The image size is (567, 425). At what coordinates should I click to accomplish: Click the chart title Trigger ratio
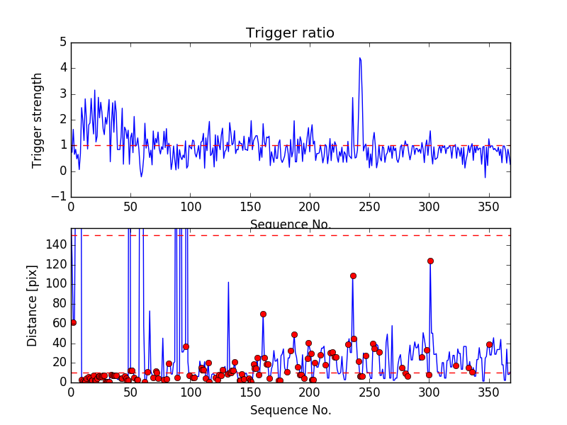pos(290,33)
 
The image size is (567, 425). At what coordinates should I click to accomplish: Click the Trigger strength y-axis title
pos(38,120)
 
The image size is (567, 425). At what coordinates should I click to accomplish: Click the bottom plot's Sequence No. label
pos(291,410)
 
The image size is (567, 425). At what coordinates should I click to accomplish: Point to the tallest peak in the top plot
pos(360,58)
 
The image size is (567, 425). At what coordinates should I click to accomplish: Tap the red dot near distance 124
pos(430,261)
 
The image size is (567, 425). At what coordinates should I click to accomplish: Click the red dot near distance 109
pos(353,276)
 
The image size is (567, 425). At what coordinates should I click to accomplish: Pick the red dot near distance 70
pos(263,314)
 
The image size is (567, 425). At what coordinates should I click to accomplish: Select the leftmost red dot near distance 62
pos(73,322)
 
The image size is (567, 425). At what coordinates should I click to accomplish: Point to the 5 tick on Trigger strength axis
pos(63,42)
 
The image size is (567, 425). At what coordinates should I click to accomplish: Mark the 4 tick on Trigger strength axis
pos(63,68)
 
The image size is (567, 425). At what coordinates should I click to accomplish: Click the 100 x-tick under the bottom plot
pos(190,392)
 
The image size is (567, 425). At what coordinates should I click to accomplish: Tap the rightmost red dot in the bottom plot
pos(489,344)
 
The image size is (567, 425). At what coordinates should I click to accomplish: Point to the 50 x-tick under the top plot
pos(130,207)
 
